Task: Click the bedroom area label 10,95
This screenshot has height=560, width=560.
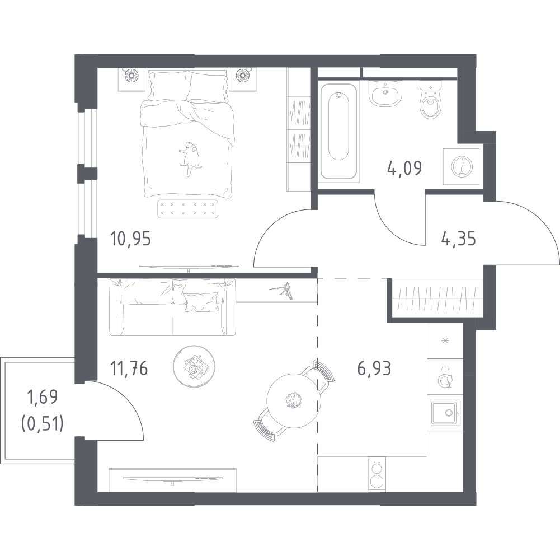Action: [x=130, y=239]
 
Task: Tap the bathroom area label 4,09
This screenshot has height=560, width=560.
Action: [x=404, y=167]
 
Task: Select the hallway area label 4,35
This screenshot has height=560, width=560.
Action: [x=459, y=239]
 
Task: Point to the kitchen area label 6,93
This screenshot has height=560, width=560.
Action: [x=374, y=368]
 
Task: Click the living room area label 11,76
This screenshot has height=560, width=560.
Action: [x=129, y=368]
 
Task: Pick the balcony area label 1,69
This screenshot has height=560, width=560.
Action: [x=43, y=397]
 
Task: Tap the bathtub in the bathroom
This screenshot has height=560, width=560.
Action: [x=338, y=131]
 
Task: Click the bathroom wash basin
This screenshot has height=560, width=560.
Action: [x=385, y=92]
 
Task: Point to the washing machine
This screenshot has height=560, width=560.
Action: [x=461, y=167]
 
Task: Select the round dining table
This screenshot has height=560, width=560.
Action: [x=294, y=400]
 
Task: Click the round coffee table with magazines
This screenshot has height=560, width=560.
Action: [x=194, y=366]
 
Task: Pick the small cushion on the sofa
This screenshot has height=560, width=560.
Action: [x=201, y=301]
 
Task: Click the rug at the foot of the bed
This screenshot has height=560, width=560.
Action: [x=188, y=209]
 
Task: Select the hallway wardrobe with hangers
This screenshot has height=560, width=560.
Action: [x=437, y=298]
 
